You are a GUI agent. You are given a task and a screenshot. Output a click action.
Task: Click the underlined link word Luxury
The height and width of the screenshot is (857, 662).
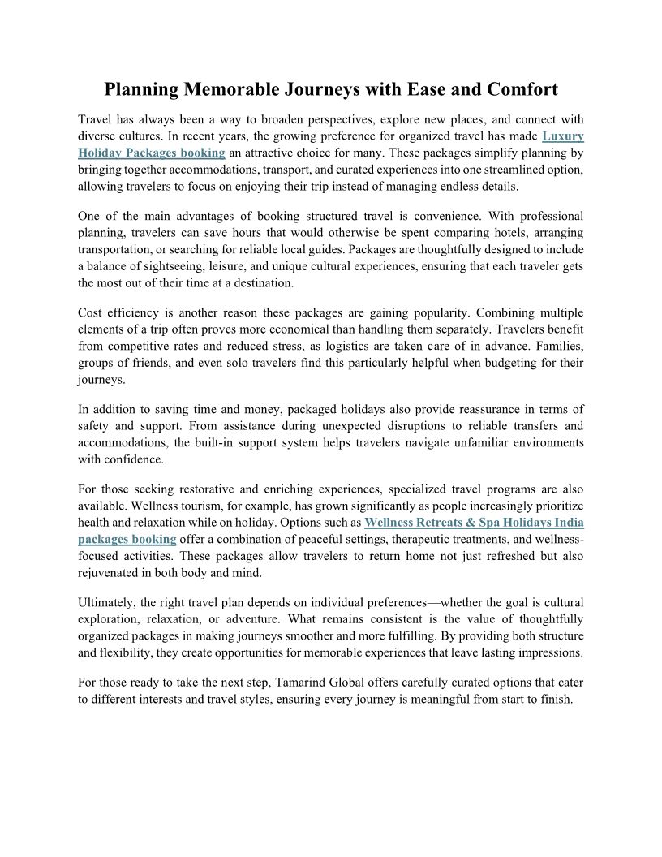(563, 136)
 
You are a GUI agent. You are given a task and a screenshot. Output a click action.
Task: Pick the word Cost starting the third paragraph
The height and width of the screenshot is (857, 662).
(91, 313)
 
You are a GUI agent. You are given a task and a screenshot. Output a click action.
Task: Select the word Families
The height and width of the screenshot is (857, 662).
(556, 347)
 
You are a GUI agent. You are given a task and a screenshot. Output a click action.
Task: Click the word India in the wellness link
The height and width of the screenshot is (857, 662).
(567, 522)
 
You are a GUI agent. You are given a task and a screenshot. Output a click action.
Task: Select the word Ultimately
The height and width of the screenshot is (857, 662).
(109, 602)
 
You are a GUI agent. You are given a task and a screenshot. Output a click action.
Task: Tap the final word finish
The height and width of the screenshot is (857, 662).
(553, 699)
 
